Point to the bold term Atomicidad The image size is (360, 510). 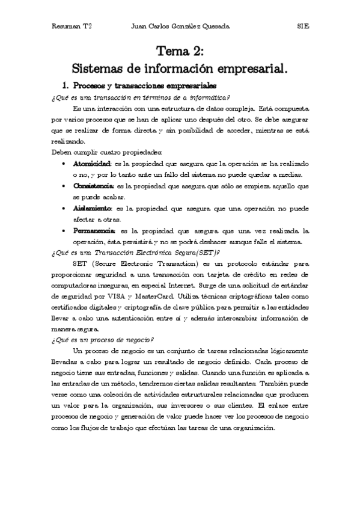pyautogui.click(x=92, y=164)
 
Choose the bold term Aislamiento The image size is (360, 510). pyautogui.click(x=92, y=208)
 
